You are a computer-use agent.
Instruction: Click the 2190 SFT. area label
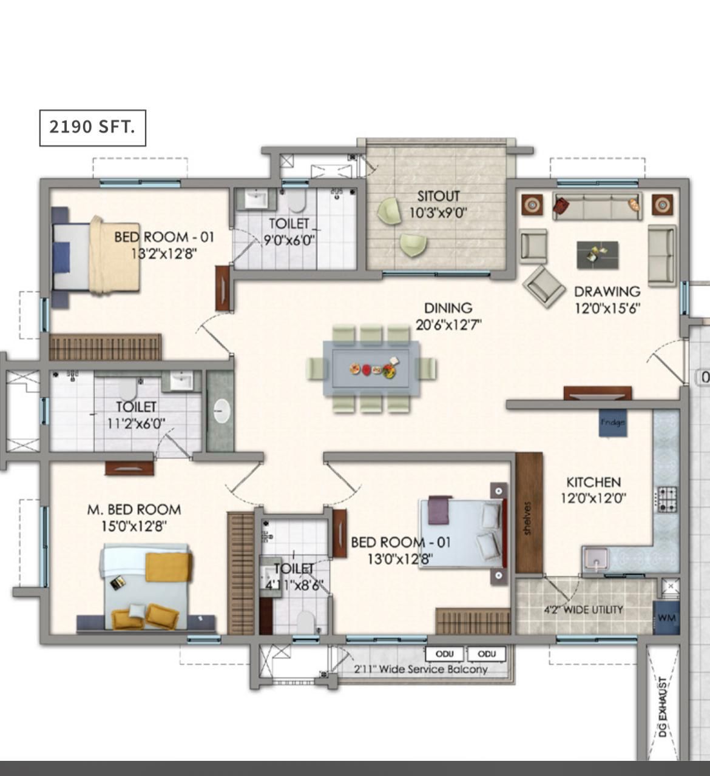point(92,127)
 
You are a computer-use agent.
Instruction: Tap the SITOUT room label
point(439,196)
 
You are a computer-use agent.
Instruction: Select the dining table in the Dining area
point(371,368)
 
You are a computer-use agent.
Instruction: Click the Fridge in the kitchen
point(612,423)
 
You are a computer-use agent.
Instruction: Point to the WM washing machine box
point(666,618)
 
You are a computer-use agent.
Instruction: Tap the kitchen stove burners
point(667,500)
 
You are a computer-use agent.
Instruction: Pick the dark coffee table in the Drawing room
point(597,255)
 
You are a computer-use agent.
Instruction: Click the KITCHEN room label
point(593,483)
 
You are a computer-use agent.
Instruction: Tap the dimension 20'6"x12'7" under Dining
point(448,324)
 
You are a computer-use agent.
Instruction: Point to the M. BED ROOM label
point(134,509)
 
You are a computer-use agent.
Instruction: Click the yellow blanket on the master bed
point(168,567)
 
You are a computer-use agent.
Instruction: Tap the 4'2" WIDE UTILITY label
point(583,610)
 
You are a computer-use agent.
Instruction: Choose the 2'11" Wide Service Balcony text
point(421,669)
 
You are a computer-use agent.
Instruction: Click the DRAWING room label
point(607,291)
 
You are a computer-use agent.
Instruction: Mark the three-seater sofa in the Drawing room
point(597,206)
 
